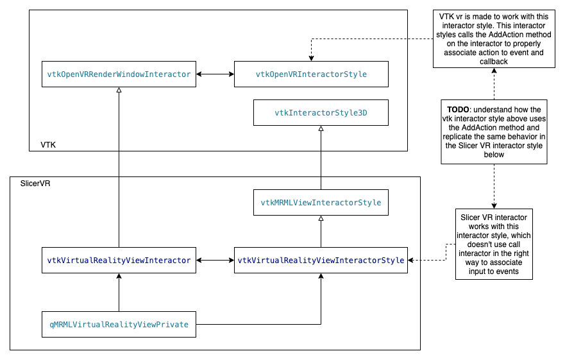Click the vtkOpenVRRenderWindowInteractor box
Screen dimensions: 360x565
[x=119, y=74]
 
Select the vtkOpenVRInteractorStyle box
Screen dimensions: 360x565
[x=311, y=74]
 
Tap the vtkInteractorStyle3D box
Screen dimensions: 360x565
[x=321, y=112]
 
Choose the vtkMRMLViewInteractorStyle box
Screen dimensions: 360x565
[x=321, y=203]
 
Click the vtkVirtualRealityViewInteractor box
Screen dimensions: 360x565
[x=119, y=260]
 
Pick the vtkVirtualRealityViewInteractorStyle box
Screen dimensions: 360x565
[x=321, y=260]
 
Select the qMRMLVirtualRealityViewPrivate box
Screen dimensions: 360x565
[x=119, y=324]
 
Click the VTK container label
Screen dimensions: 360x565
[x=48, y=145]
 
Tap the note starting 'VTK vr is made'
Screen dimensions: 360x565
[x=493, y=39]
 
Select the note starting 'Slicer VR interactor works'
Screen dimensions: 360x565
[x=493, y=244]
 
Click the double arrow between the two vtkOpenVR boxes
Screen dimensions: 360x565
[x=215, y=74]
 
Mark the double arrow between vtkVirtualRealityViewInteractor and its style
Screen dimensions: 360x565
[x=215, y=260]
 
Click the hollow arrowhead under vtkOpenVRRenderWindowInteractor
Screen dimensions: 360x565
[x=119, y=91]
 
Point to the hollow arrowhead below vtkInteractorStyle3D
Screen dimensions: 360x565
[x=321, y=129]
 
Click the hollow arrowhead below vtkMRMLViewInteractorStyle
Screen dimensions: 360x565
[x=321, y=219]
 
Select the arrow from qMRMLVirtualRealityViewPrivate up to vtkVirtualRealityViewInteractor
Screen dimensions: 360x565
[x=119, y=292]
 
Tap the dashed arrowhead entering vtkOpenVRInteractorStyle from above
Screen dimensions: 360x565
[x=311, y=58]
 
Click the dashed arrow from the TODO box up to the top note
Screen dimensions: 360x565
[x=493, y=83]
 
